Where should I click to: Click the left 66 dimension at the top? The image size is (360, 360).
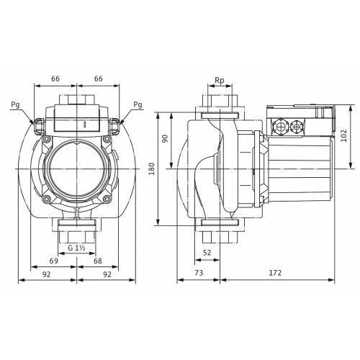pyautogui.click(x=55, y=78)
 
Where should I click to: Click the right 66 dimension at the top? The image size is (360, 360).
pyautogui.click(x=99, y=78)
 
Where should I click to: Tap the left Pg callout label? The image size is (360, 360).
pyautogui.click(x=15, y=105)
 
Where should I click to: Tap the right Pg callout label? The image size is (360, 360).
pyautogui.click(x=138, y=104)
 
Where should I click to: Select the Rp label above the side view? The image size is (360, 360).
pyautogui.click(x=220, y=81)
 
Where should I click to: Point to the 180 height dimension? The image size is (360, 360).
pyautogui.click(x=152, y=168)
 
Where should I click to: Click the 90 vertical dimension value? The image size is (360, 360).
pyautogui.click(x=166, y=139)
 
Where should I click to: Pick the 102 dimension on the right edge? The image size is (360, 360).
pyautogui.click(x=344, y=135)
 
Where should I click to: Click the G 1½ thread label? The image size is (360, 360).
pyautogui.click(x=76, y=248)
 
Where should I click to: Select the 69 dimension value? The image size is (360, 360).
pyautogui.click(x=53, y=261)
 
